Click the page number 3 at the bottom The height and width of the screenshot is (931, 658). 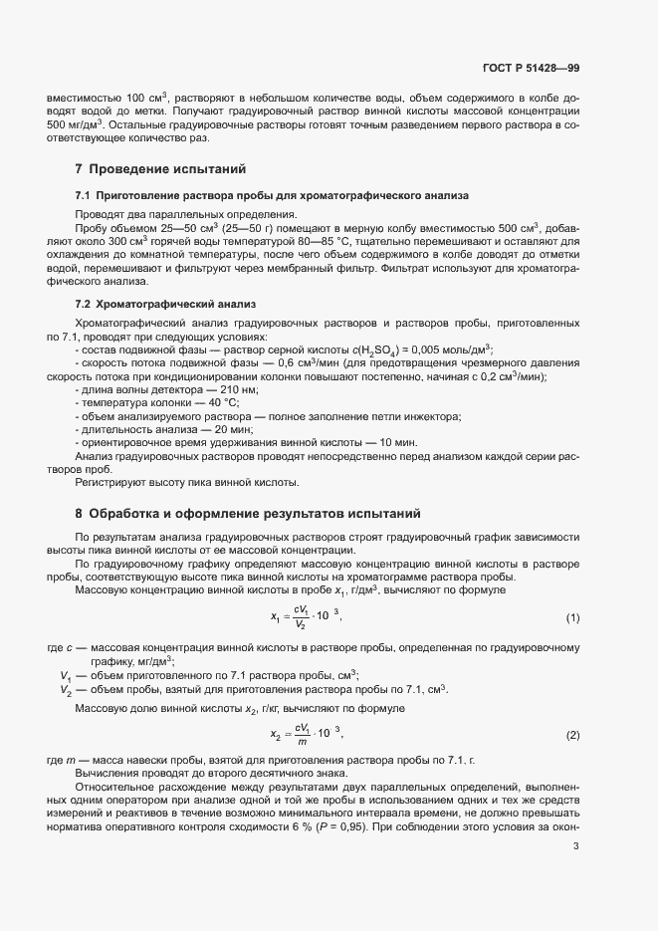[576, 846]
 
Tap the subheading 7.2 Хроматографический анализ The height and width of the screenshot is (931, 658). [159, 302]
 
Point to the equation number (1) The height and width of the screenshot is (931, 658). [572, 618]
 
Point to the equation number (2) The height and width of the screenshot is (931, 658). [572, 735]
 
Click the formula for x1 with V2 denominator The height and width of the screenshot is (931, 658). [307, 617]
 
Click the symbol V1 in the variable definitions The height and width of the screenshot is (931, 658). [65, 675]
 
